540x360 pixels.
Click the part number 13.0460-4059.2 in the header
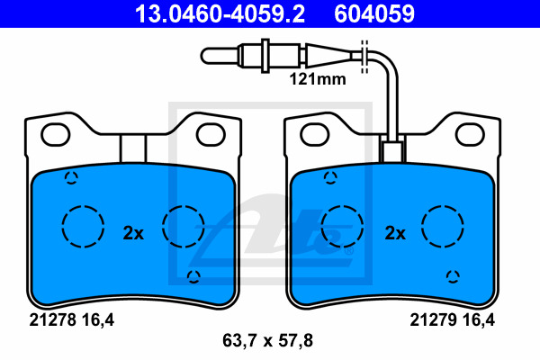coord(220,13)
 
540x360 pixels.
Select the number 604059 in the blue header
coord(374,13)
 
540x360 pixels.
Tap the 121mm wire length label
coord(318,79)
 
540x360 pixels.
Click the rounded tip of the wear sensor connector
coord(204,56)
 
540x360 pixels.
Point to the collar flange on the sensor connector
coord(265,56)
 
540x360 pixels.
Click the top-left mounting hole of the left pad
coord(56,134)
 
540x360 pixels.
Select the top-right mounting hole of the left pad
coord(211,134)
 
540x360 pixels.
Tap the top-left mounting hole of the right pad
coord(315,134)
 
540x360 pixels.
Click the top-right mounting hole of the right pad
coord(470,134)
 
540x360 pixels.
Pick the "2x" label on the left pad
coord(133,233)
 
